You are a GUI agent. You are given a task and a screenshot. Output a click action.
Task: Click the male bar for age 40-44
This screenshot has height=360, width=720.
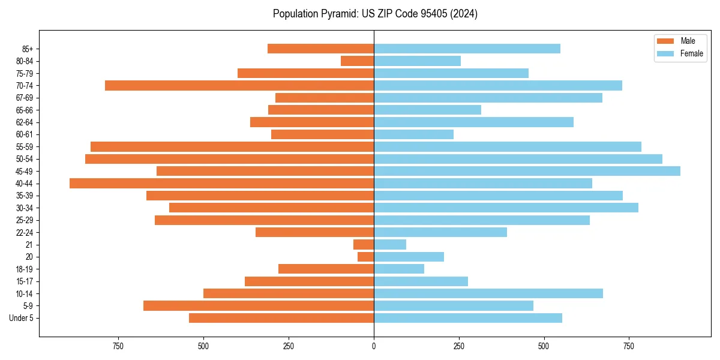tap(222, 183)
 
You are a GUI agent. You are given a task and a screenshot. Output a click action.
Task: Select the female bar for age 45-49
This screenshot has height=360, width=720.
tap(527, 171)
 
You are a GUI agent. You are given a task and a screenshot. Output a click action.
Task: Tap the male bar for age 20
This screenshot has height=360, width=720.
tap(366, 257)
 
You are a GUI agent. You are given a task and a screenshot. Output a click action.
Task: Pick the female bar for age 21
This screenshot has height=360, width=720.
tap(390, 244)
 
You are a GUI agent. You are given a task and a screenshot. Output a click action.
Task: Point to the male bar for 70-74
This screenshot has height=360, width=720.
tap(239, 85)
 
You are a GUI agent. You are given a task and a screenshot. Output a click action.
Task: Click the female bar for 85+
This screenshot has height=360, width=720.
tap(467, 49)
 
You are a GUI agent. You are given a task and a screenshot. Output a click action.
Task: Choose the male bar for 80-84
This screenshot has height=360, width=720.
tap(358, 61)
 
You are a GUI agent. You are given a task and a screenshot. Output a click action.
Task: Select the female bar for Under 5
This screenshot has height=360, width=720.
tap(468, 318)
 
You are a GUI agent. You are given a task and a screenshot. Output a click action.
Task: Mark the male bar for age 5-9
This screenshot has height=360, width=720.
tap(259, 305)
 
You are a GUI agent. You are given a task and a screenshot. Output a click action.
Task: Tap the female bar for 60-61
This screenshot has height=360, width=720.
tap(414, 134)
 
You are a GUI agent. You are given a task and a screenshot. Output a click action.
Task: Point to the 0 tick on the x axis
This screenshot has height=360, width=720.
tap(374, 346)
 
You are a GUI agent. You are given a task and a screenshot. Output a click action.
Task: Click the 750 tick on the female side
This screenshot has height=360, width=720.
tap(629, 346)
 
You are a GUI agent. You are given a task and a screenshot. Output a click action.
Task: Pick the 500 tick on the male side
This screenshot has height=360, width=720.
tap(203, 346)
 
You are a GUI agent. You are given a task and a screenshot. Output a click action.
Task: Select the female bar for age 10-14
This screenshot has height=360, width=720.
tap(488, 293)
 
